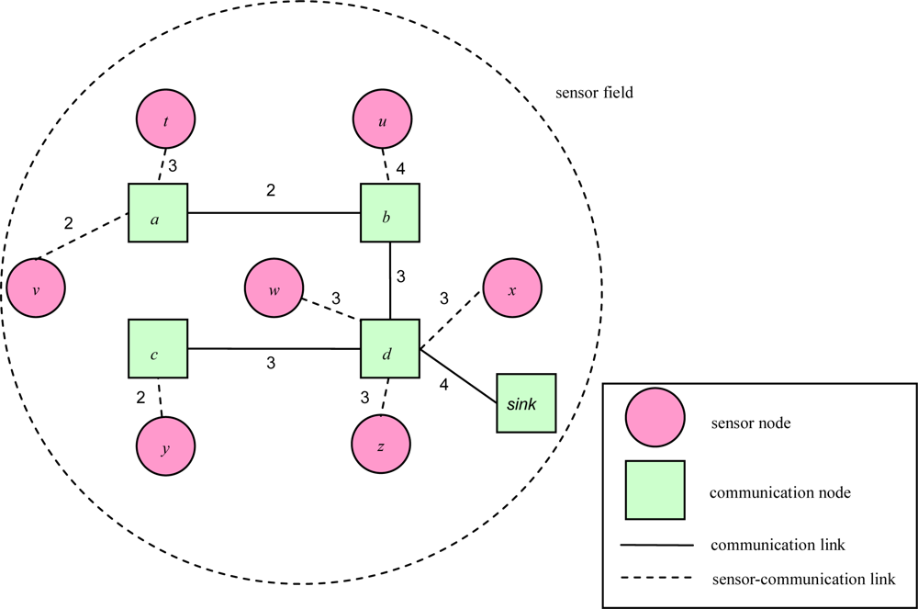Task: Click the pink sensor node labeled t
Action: (x=166, y=119)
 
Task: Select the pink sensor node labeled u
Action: (x=383, y=119)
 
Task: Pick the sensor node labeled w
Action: (x=274, y=288)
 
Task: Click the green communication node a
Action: (x=158, y=213)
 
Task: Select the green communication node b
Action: (x=389, y=213)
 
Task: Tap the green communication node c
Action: (x=158, y=349)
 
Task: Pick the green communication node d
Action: (x=389, y=349)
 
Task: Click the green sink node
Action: (x=527, y=403)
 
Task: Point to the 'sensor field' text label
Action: (x=595, y=94)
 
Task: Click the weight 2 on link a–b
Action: (x=271, y=191)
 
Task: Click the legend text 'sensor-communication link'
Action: (x=802, y=579)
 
